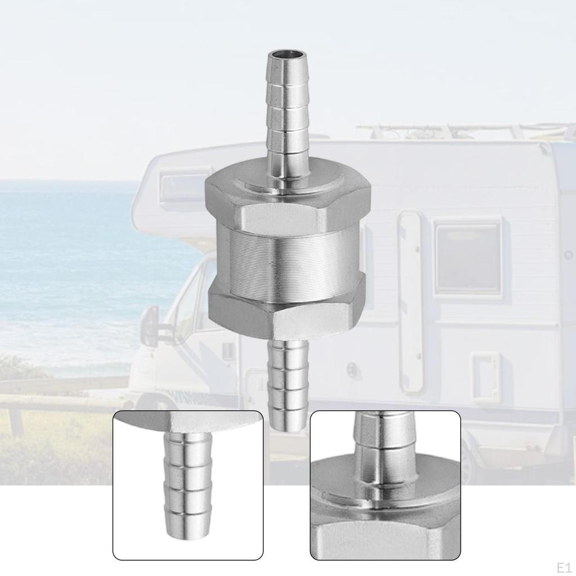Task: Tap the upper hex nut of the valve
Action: [287, 200]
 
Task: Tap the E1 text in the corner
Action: [566, 568]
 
